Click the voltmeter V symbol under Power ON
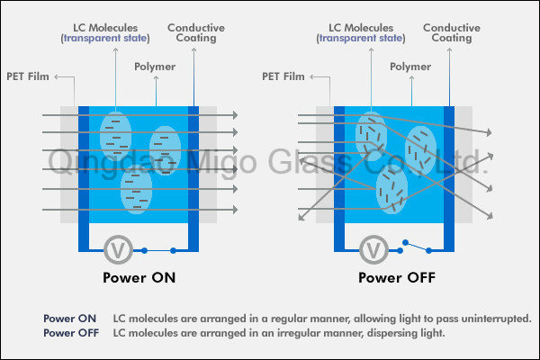[118, 250]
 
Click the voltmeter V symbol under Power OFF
[373, 250]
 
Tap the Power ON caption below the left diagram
[139, 278]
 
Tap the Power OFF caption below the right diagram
[397, 278]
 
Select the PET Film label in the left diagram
[28, 76]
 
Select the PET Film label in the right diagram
[283, 76]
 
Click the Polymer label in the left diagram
[155, 67]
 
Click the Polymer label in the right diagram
[410, 67]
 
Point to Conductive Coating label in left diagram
[196, 32]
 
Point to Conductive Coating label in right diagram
[452, 32]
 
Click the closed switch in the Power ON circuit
[158, 250]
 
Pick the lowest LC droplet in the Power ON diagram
[137, 190]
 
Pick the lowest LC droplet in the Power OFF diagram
[391, 190]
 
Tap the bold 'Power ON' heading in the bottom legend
[69, 319]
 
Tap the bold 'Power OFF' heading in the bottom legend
[71, 333]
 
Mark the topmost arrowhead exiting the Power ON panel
[235, 115]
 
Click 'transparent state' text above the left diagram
[105, 38]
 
